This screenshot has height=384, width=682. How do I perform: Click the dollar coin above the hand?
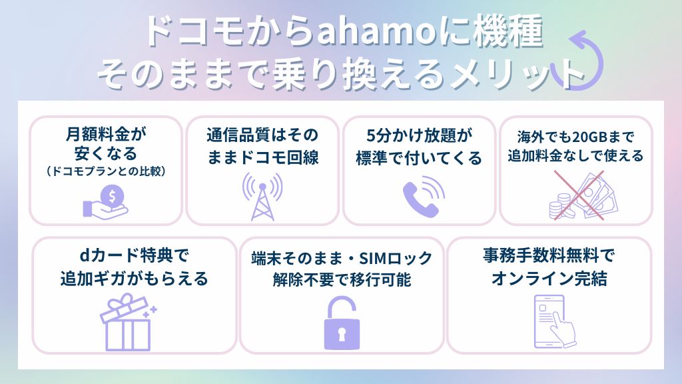coord(112,197)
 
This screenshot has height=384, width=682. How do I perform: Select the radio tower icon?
coord(262,196)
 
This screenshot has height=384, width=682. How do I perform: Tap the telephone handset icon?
coord(423,196)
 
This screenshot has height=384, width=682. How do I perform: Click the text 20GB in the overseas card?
coord(589,137)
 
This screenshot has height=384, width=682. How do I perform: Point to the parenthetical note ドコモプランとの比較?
coord(106,171)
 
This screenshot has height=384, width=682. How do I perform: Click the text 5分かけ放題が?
coord(420,135)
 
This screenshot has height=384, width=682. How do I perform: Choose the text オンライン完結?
coord(549,278)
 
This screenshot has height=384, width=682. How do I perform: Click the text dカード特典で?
coord(134,255)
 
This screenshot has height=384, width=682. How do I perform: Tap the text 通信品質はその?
coord(262,135)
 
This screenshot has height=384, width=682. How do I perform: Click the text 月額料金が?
coord(106,134)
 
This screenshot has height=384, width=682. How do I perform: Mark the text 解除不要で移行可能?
coord(342,279)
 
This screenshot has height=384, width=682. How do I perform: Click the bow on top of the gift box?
coord(125,301)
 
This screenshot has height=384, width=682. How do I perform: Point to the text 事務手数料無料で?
coord(549,255)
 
